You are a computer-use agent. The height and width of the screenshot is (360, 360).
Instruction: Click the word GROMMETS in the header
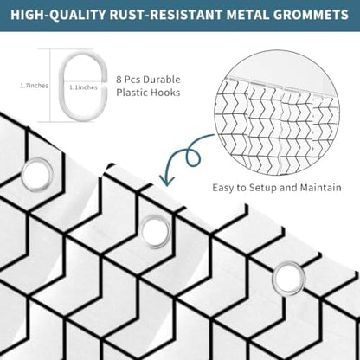(x=311, y=15)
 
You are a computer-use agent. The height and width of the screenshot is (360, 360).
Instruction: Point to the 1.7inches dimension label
(x=34, y=86)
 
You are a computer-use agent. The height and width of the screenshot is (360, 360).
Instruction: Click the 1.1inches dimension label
(x=83, y=87)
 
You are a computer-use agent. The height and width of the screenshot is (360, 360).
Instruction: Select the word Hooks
(x=167, y=93)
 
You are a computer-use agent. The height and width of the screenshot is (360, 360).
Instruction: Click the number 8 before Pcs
(x=119, y=80)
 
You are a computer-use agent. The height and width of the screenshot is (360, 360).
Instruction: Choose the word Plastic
(x=133, y=93)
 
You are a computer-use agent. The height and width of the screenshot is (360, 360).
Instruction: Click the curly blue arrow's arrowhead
(x=167, y=181)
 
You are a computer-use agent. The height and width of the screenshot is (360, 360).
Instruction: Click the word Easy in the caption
(x=222, y=188)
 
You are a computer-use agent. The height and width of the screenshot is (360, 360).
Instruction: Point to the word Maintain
(x=321, y=188)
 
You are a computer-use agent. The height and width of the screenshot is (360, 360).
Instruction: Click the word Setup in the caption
(x=263, y=188)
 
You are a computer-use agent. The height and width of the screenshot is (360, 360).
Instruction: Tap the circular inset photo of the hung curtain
(x=277, y=112)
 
